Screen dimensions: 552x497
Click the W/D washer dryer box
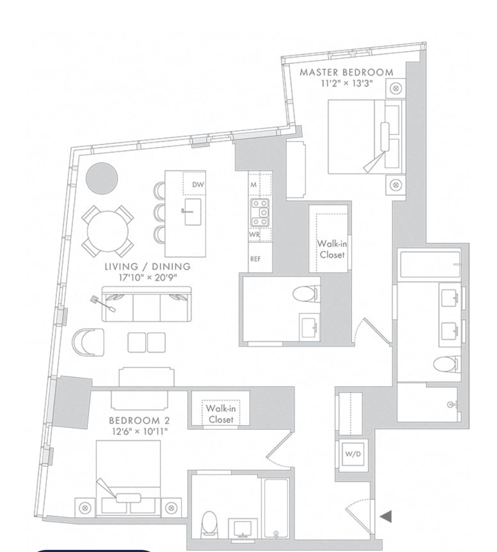pos(350,455)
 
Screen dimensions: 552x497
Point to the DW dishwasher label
pos(198,184)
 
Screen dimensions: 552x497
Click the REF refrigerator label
pos(254,261)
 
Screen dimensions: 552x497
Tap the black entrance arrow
pos(386,515)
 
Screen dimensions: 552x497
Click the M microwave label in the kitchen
pos(254,184)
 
